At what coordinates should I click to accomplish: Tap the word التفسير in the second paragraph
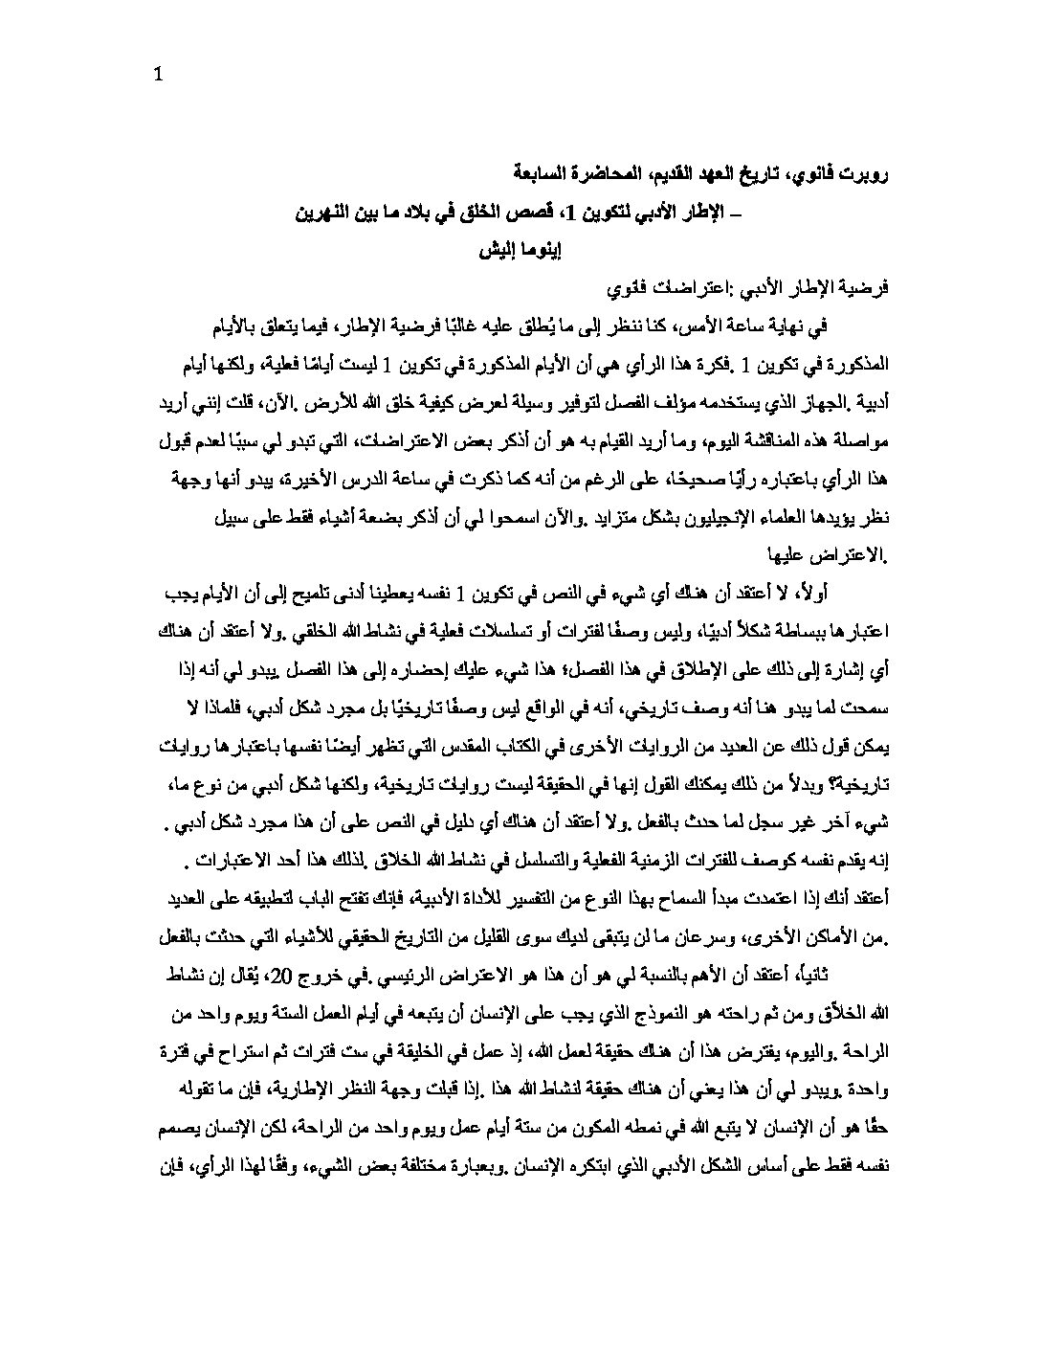coord(514,901)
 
